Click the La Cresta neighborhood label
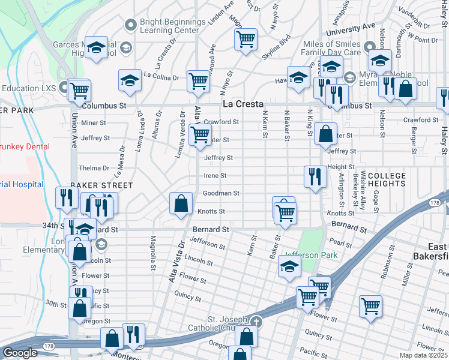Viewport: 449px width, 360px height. click(243, 104)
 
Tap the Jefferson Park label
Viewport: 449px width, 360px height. click(311, 255)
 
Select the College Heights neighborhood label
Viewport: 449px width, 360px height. click(387, 179)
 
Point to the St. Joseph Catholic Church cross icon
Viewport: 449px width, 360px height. click(257, 321)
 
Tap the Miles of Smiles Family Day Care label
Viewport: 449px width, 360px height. click(334, 47)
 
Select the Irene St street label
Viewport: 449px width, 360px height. click(215, 176)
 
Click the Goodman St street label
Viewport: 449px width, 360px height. click(221, 193)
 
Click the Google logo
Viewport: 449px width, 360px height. click(20, 353)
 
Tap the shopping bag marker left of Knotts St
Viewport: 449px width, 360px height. click(181, 203)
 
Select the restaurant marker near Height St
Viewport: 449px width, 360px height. click(315, 176)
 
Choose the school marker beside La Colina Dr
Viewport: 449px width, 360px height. click(130, 80)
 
